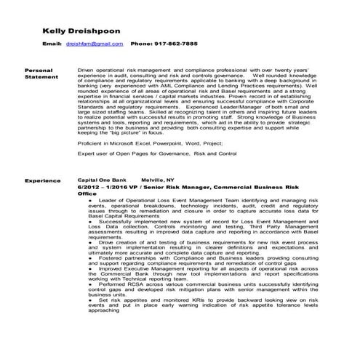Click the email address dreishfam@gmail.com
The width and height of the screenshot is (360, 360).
point(94,44)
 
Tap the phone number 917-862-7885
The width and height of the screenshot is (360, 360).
point(175,44)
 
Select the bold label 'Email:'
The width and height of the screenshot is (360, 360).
point(52,44)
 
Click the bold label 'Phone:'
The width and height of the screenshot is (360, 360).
point(141,44)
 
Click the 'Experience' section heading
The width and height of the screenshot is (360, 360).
point(42,179)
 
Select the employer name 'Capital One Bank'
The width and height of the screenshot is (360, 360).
point(101,179)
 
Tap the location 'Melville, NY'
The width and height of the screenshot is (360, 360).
point(158,179)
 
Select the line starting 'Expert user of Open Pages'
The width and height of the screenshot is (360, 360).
point(156,154)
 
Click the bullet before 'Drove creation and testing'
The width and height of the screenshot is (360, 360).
point(89,240)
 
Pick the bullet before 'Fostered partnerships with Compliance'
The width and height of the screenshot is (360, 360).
point(89,257)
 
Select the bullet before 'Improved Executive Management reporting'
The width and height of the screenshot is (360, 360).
point(89,268)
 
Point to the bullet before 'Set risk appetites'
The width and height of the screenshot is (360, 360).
point(89,300)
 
